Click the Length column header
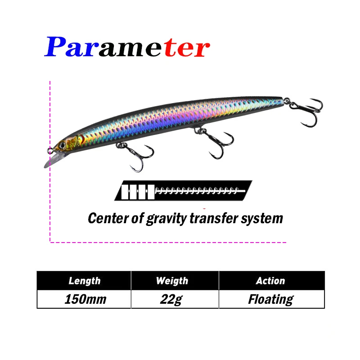click(84, 280)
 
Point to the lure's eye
click(62, 145)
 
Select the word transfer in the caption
click(214, 218)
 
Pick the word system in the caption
click(262, 218)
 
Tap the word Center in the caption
click(108, 218)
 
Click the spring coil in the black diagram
click(200, 190)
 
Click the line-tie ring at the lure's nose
click(50, 151)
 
